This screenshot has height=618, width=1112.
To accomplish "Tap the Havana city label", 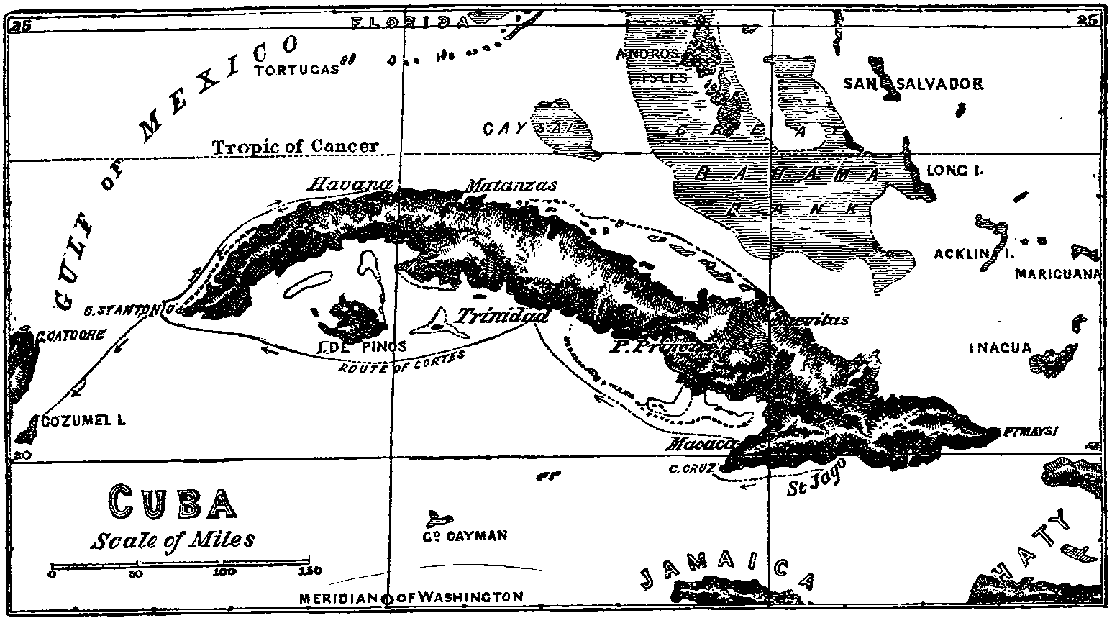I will tap(349, 184).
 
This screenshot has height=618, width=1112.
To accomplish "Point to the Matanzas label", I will tap(511, 186).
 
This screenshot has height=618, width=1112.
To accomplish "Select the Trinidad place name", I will tap(503, 317).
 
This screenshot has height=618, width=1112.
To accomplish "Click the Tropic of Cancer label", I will tap(295, 146).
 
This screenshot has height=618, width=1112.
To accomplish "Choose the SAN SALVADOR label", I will tap(913, 84).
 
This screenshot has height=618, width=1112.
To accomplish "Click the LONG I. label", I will tap(954, 171).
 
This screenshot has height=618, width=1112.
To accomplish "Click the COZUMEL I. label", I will tap(83, 422).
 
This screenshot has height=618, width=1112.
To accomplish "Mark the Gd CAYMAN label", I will tap(466, 535).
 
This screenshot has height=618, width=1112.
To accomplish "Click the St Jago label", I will tap(813, 481).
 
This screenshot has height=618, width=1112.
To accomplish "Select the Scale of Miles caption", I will tap(173, 540).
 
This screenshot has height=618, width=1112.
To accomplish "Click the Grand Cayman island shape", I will tap(437, 517).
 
